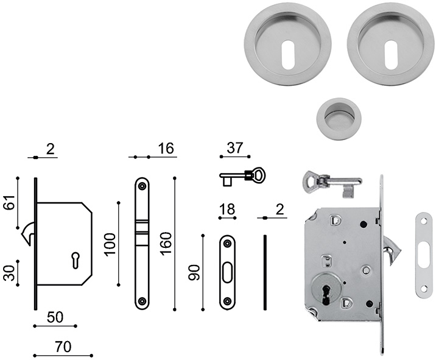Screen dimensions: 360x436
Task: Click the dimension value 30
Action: (x=9, y=272)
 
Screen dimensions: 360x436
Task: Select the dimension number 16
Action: (x=165, y=148)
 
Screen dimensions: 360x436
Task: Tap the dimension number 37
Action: (x=235, y=148)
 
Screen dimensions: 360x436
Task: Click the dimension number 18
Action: (x=227, y=210)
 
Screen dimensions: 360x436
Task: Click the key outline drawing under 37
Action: (x=242, y=177)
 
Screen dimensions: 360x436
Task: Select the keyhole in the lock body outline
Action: (x=75, y=259)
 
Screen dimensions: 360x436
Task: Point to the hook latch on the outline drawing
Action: (x=29, y=234)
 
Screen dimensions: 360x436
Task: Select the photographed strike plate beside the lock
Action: (x=421, y=255)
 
